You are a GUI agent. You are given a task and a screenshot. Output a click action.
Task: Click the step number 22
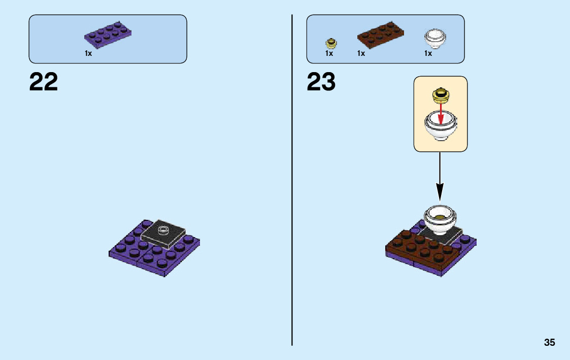tap(44, 82)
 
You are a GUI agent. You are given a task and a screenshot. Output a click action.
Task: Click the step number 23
tap(321, 82)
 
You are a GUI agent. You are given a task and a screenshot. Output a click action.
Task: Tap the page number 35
tap(549, 343)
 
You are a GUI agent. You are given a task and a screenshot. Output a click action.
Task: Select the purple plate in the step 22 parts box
tap(108, 35)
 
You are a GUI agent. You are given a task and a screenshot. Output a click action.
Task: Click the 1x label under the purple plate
tap(88, 53)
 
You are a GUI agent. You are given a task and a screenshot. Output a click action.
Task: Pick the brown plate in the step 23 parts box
tap(381, 35)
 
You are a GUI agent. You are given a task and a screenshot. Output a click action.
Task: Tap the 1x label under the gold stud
tap(329, 53)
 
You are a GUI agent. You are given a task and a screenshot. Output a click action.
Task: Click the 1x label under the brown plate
tap(361, 53)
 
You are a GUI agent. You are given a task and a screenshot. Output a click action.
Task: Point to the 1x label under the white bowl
tap(428, 53)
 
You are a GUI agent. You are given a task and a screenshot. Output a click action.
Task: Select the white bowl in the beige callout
tap(440, 127)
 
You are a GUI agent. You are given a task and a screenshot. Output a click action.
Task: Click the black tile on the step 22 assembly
tap(162, 237)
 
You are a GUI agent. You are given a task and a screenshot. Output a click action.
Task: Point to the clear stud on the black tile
tap(163, 230)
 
